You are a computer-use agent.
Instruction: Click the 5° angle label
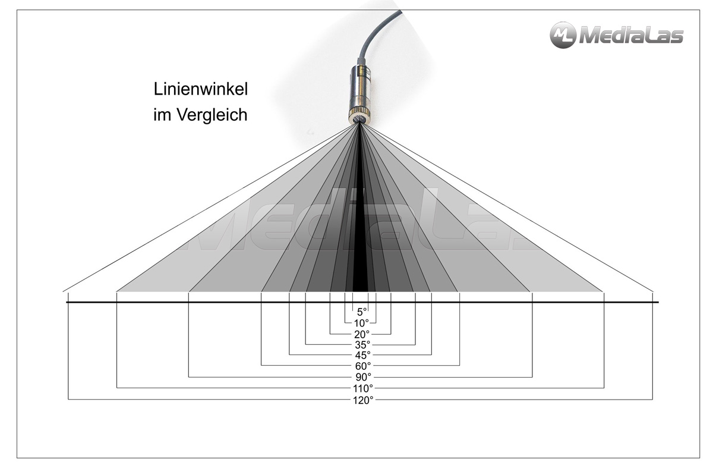coord(361,312)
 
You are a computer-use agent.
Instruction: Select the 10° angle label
coord(361,323)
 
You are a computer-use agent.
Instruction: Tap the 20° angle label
coord(362,334)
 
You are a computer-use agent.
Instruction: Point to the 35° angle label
coord(362,344)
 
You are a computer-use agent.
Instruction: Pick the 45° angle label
coord(362,355)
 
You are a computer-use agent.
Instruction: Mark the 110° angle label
coord(362,388)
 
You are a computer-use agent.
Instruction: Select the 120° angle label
coord(362,400)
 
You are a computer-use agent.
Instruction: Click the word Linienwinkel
coord(200,90)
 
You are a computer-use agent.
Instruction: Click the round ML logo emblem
coord(562,35)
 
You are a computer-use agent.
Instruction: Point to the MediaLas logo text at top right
coord(630,36)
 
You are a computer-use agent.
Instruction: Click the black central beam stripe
coord(360,238)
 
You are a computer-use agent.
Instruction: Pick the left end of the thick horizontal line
coord(67,302)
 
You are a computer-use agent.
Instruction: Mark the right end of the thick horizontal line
coord(658,302)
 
